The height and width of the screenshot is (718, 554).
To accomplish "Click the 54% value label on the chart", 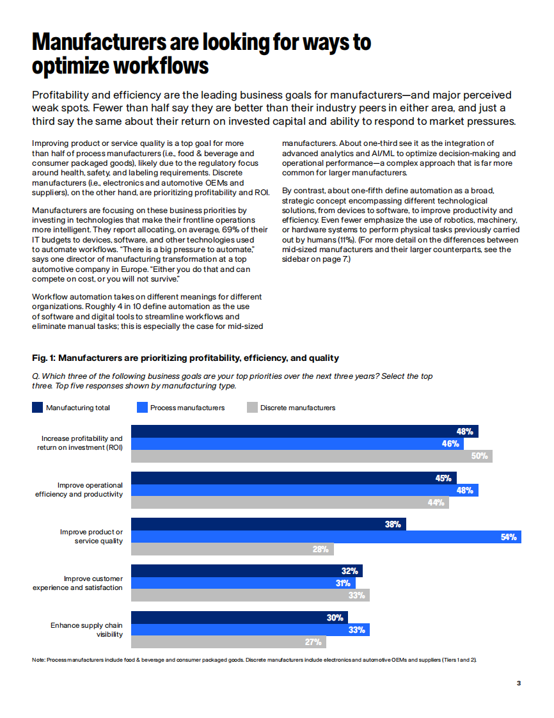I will pos(509,537).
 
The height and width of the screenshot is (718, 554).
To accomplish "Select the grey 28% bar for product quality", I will pos(232,549).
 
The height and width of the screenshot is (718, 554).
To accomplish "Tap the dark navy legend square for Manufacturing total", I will pos(37,408).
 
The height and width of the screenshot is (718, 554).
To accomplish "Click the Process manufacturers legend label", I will pos(187,408).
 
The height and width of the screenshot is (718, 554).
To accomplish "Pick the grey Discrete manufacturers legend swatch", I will pos(252,408).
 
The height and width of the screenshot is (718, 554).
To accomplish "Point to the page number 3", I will pos(519,683).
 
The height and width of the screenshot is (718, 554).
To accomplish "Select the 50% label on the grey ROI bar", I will pos(480,456).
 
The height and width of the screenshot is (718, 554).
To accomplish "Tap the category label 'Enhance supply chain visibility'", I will pos(86,630).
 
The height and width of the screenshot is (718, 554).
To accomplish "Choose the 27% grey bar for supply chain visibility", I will pos(228,642).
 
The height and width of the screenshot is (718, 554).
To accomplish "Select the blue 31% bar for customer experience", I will pos(242,583).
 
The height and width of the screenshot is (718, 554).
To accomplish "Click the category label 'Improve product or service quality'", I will pos(91,536).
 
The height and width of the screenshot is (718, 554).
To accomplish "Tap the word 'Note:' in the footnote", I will pos(38,660).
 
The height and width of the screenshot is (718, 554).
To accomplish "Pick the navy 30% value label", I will pos(335,618).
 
